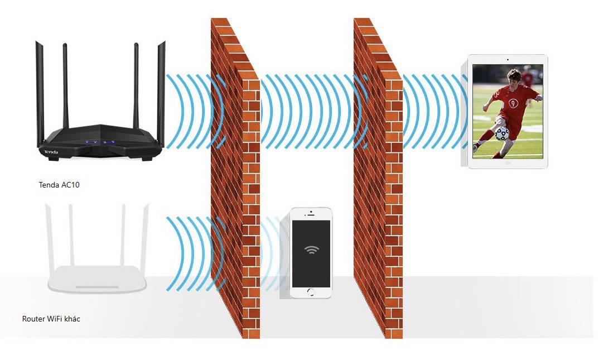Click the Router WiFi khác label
[x=51, y=319]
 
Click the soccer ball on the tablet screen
[x=501, y=133]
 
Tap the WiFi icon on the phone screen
[x=311, y=249]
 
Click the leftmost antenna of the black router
[x=39, y=89]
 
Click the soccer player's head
[x=514, y=76]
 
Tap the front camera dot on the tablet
[x=508, y=59]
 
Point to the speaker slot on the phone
[x=311, y=215]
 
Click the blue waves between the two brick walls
[x=307, y=112]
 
